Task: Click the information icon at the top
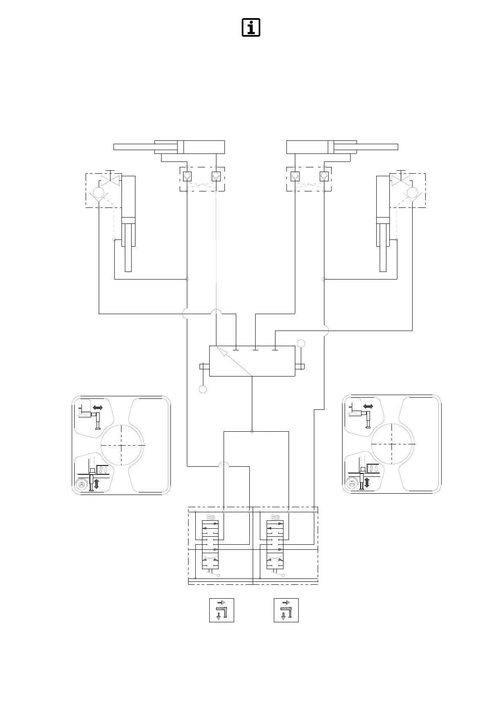pyautogui.click(x=251, y=27)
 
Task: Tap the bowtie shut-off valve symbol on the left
pyautogui.click(x=111, y=180)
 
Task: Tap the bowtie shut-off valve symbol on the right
pyautogui.click(x=401, y=180)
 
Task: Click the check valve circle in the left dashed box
pyautogui.click(x=99, y=193)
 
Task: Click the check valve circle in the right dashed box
pyautogui.click(x=412, y=193)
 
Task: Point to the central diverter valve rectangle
pyautogui.click(x=252, y=361)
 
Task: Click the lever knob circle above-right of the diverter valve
pyautogui.click(x=301, y=343)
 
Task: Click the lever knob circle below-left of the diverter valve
pyautogui.click(x=203, y=389)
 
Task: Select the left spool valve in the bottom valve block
pyautogui.click(x=211, y=545)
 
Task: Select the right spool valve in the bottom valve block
pyautogui.click(x=275, y=545)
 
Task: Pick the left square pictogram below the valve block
pyautogui.click(x=221, y=610)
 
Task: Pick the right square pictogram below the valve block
pyautogui.click(x=286, y=610)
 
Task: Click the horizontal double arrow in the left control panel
pyautogui.click(x=98, y=408)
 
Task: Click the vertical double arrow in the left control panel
pyautogui.click(x=97, y=484)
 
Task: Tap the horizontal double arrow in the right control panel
pyautogui.click(x=368, y=406)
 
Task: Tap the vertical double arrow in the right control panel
pyautogui.click(x=367, y=483)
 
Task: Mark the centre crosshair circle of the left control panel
pyautogui.click(x=122, y=445)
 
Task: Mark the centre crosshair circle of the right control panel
pyautogui.click(x=392, y=444)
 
